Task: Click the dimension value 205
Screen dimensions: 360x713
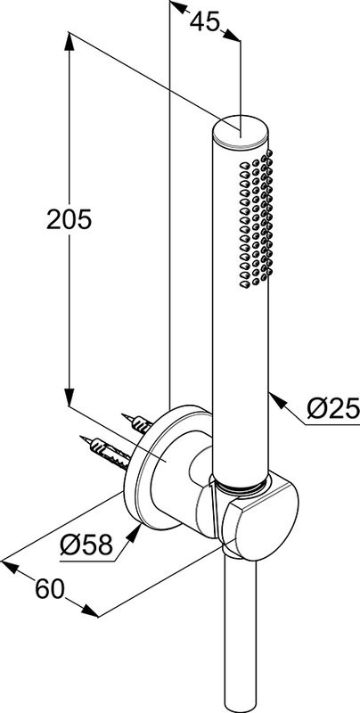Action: pyautogui.click(x=70, y=220)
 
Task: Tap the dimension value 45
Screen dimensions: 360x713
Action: pyautogui.click(x=205, y=21)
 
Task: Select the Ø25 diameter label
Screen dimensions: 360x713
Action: pyautogui.click(x=333, y=408)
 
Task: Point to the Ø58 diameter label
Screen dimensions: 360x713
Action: pyautogui.click(x=86, y=545)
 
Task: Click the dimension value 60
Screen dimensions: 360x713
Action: pyautogui.click(x=50, y=590)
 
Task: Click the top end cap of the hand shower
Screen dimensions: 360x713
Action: pyautogui.click(x=241, y=132)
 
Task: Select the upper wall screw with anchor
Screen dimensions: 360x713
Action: pyautogui.click(x=137, y=423)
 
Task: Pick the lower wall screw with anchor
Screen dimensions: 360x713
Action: pyautogui.click(x=107, y=452)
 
